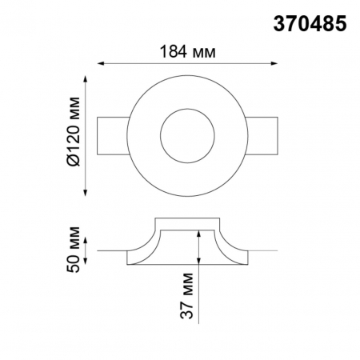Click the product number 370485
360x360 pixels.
pyautogui.click(x=311, y=25)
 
